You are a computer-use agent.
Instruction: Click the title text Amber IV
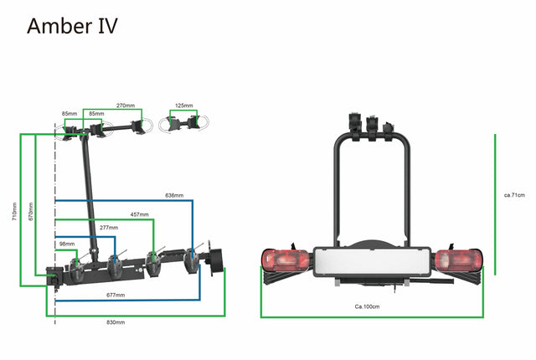pos(72,25)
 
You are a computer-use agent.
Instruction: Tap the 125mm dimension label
pos(183,105)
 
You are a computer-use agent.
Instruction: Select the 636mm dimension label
pos(174,196)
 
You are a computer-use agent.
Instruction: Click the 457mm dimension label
pos(139,214)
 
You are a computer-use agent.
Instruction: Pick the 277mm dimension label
pos(108,227)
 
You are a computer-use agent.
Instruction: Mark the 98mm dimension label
pos(67,244)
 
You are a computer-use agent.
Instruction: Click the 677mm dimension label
pos(116,295)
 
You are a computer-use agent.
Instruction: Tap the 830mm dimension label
pos(116,321)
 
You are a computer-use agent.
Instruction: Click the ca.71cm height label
pos(513,195)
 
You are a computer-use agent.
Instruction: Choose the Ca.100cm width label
pos(367,306)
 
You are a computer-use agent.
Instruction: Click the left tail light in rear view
pos(285,261)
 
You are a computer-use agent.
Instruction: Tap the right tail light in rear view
pos(459,261)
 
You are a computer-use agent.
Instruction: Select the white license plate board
pos(372,260)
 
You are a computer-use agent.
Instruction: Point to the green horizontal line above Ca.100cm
pos(373,316)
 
